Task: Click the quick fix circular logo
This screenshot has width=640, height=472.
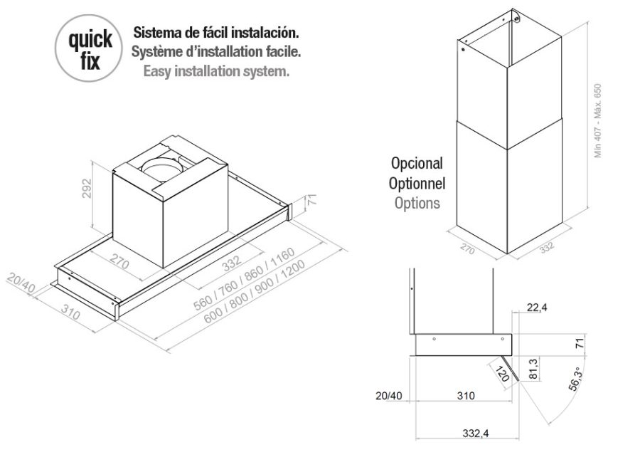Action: tap(89, 48)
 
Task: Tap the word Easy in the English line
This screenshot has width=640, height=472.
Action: tap(157, 71)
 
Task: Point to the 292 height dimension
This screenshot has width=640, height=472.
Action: tap(87, 189)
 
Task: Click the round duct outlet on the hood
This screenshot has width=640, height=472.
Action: tap(162, 168)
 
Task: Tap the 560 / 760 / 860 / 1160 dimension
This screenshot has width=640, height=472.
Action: tap(244, 278)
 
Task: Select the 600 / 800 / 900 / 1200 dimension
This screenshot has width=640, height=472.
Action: tap(255, 291)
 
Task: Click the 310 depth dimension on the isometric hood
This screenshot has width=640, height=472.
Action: tap(70, 312)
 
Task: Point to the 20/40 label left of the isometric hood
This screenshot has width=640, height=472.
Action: tap(21, 283)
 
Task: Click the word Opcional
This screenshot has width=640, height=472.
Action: tap(417, 164)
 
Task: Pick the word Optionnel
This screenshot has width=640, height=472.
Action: tap(417, 184)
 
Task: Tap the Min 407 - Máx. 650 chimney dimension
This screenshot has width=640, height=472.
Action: tap(598, 120)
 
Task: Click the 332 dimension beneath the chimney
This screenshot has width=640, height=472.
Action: tap(547, 246)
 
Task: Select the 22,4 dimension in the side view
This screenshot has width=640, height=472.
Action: tap(537, 307)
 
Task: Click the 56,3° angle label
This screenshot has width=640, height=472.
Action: tap(575, 379)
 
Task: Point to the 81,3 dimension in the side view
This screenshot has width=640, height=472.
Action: tap(533, 369)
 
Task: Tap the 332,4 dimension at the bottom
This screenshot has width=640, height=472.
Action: tap(476, 433)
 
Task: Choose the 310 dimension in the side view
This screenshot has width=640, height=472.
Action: tap(466, 396)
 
